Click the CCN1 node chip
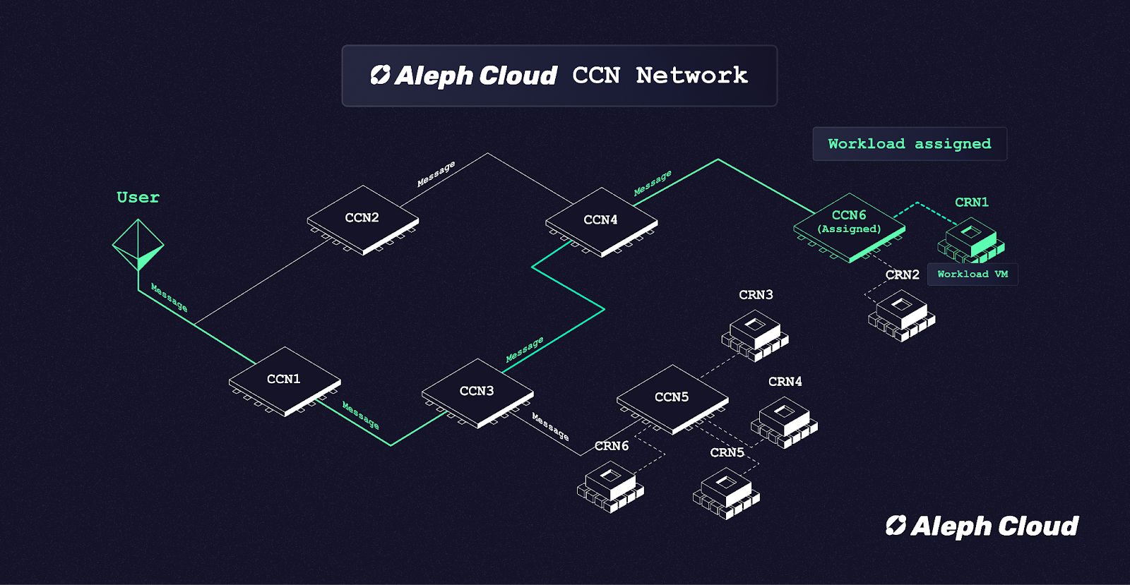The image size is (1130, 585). click(285, 380)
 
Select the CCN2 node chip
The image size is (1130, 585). click(362, 219)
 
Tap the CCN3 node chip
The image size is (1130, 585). click(477, 392)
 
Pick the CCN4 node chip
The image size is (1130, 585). click(601, 221)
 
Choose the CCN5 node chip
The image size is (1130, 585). click(672, 398)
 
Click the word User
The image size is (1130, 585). click(138, 198)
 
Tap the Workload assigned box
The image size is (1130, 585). click(910, 144)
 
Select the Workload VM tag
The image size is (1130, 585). click(973, 275)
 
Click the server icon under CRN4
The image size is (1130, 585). click(784, 422)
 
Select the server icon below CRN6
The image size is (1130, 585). click(610, 486)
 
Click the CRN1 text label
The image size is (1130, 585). click(972, 203)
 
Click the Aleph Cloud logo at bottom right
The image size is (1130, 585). click(982, 526)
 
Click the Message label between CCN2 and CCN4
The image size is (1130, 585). click(436, 174)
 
